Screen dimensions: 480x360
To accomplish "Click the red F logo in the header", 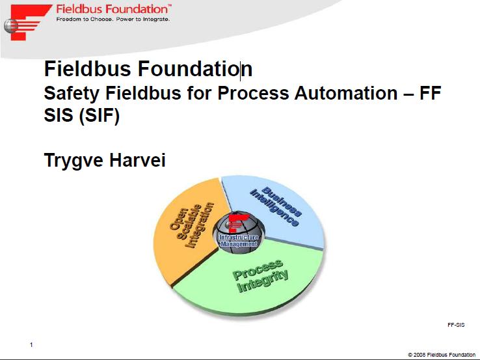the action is [29, 22].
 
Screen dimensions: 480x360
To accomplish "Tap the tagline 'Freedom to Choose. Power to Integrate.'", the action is [113, 20].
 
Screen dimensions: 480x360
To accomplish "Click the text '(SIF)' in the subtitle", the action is [99, 115].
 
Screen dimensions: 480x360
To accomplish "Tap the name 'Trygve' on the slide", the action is [73, 161].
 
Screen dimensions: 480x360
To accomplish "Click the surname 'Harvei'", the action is [137, 159].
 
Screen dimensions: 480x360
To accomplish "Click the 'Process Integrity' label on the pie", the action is [261, 276].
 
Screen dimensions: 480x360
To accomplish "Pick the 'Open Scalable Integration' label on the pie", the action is [192, 225].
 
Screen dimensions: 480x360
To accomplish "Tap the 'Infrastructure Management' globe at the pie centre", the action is [239, 232].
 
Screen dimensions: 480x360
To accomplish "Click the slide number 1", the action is [31, 345].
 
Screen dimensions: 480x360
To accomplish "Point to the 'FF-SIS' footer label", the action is [456, 325].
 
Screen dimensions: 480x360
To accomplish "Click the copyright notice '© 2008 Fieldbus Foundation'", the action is [442, 355].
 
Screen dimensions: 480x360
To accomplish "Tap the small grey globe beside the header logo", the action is [11, 26].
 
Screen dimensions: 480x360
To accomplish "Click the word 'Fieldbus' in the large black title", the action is [88, 68].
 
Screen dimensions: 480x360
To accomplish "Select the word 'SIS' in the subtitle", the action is [59, 115].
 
